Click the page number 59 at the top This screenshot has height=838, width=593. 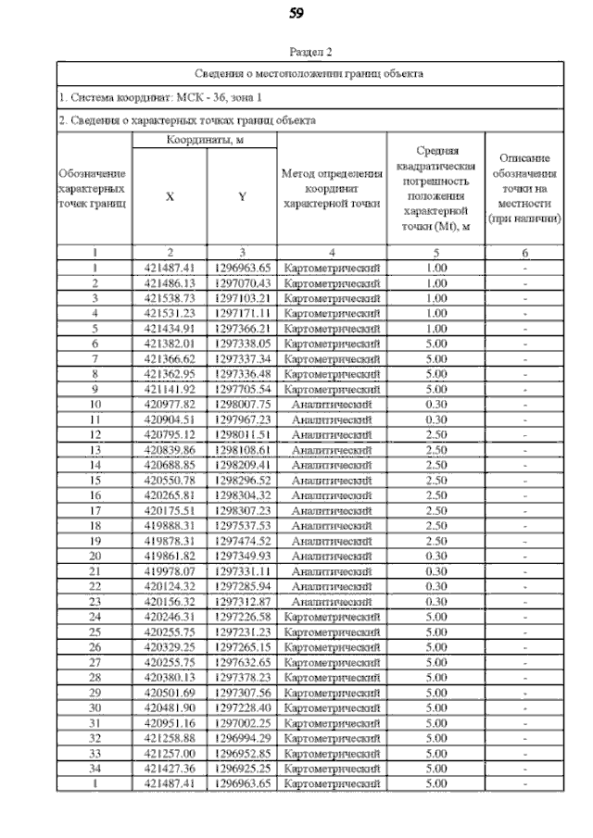coord(296,13)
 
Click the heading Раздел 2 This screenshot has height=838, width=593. coord(310,53)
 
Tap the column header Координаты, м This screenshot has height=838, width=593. coord(205,140)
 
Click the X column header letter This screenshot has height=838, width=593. coord(170,196)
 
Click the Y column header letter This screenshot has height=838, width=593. coord(242,196)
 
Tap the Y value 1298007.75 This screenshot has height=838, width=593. coord(241,405)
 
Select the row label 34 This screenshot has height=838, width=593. coord(95,768)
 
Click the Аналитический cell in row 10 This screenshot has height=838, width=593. coord(332,405)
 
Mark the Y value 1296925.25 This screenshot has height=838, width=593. coord(241,768)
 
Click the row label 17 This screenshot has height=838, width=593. coord(95,510)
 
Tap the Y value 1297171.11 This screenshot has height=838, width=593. coord(241,314)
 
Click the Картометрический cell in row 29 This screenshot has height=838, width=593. coord(332,692)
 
